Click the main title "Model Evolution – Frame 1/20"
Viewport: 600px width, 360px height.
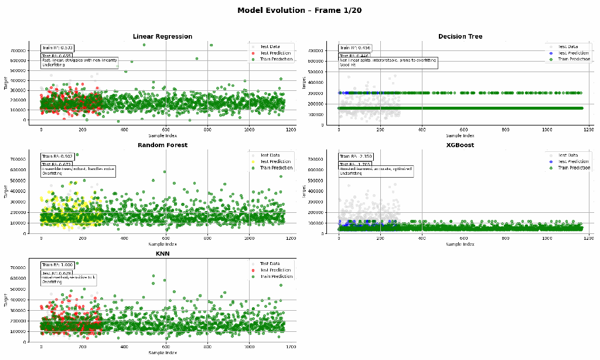(x=299, y=11)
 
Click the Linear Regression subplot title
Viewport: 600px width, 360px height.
(x=162, y=36)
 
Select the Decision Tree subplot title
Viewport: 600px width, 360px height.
(x=460, y=36)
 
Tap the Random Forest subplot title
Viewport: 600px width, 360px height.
(x=162, y=145)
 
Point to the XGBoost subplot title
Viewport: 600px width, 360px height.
(x=460, y=145)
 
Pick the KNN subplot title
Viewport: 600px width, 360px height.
(x=162, y=253)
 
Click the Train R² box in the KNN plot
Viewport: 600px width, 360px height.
(x=57, y=265)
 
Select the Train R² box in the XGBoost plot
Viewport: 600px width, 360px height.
(x=354, y=157)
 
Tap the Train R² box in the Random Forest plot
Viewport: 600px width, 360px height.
(x=57, y=157)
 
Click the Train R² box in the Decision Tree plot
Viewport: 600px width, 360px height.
(x=354, y=48)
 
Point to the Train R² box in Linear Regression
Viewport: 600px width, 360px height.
(x=57, y=48)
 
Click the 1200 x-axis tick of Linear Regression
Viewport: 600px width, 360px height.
(x=291, y=129)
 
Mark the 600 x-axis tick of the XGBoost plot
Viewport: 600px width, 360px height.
(x=463, y=238)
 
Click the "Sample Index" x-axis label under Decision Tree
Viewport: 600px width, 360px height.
(x=459, y=135)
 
